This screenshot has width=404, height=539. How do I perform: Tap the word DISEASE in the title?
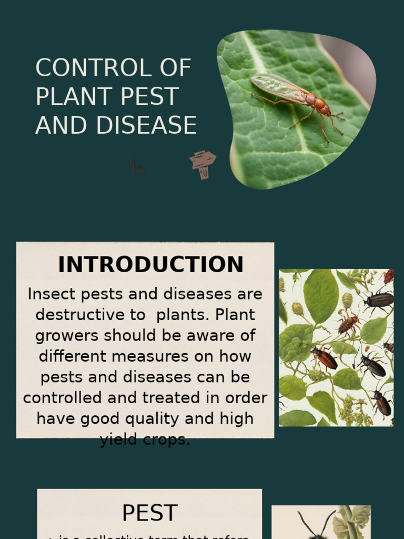click(146, 126)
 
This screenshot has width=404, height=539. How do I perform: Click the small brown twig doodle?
click(137, 168)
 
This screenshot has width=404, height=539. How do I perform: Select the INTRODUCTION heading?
click(150, 264)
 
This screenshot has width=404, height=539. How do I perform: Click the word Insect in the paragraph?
click(51, 294)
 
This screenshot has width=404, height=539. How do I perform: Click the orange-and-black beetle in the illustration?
click(325, 358)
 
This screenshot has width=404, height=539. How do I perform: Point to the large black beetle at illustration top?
click(379, 300)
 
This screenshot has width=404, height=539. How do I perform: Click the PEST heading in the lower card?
click(149, 513)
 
